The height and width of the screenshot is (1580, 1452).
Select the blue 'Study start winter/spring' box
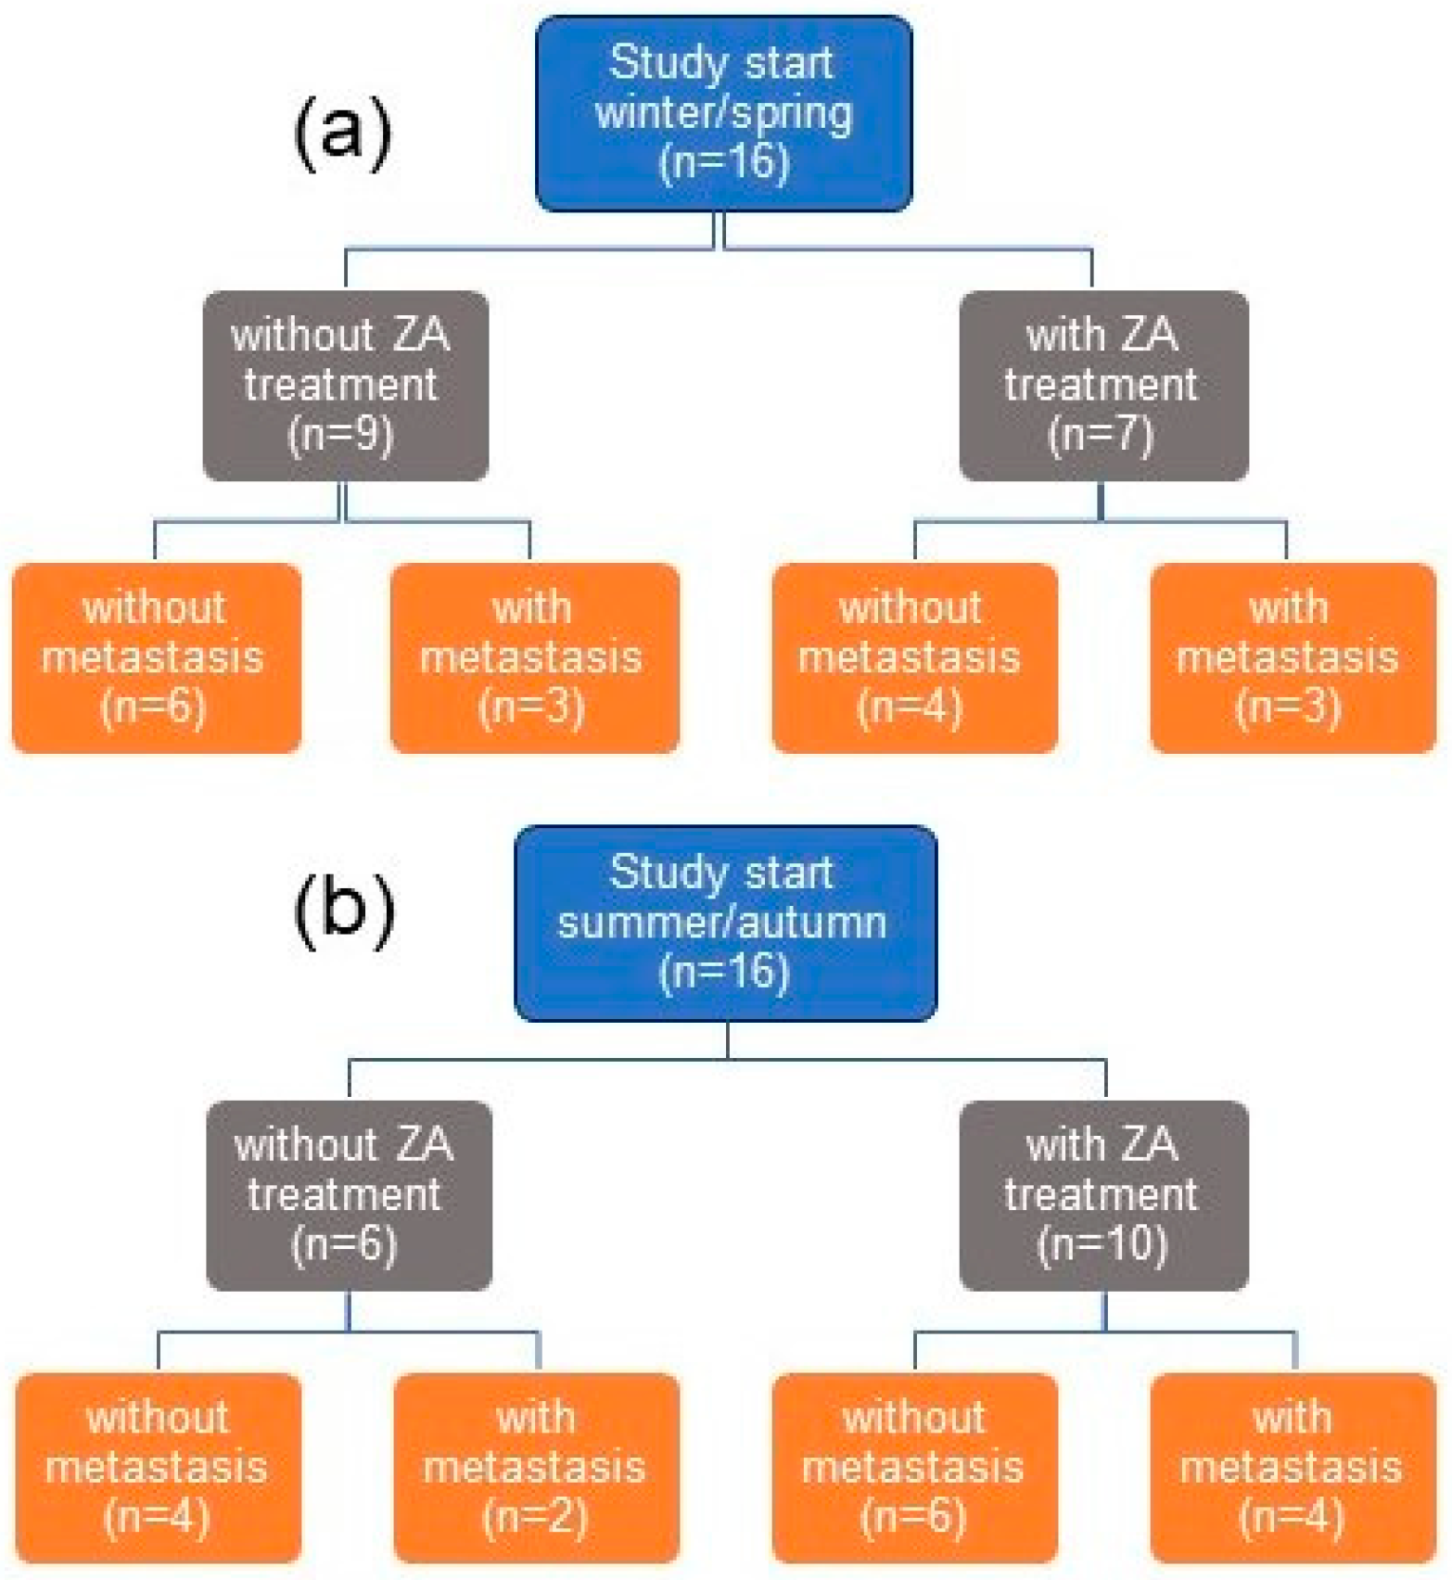click(723, 113)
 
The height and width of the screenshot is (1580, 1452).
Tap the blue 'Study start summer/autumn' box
click(725, 924)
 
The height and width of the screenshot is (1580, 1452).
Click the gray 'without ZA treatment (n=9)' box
click(345, 386)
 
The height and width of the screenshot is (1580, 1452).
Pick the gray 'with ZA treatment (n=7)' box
click(1102, 386)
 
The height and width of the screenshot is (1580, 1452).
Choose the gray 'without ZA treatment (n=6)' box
click(349, 1195)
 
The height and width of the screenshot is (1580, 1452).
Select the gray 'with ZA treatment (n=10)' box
click(1102, 1195)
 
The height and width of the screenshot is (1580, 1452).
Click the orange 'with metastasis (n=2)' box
click(536, 1467)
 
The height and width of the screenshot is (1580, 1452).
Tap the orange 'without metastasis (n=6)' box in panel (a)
click(156, 657)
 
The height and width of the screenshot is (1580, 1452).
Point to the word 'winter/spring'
click(723, 113)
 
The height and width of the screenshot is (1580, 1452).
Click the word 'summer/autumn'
click(722, 923)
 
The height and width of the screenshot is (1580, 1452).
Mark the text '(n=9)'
click(341, 434)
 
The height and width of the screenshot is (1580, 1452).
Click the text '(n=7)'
click(1101, 434)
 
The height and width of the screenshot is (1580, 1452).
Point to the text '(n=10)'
click(1102, 1244)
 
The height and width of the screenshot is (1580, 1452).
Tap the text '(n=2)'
click(535, 1517)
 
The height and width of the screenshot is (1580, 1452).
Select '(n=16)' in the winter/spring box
click(723, 162)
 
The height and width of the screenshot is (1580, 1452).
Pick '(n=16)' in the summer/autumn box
click(723, 973)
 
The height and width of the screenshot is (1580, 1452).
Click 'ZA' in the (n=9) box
click(422, 335)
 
